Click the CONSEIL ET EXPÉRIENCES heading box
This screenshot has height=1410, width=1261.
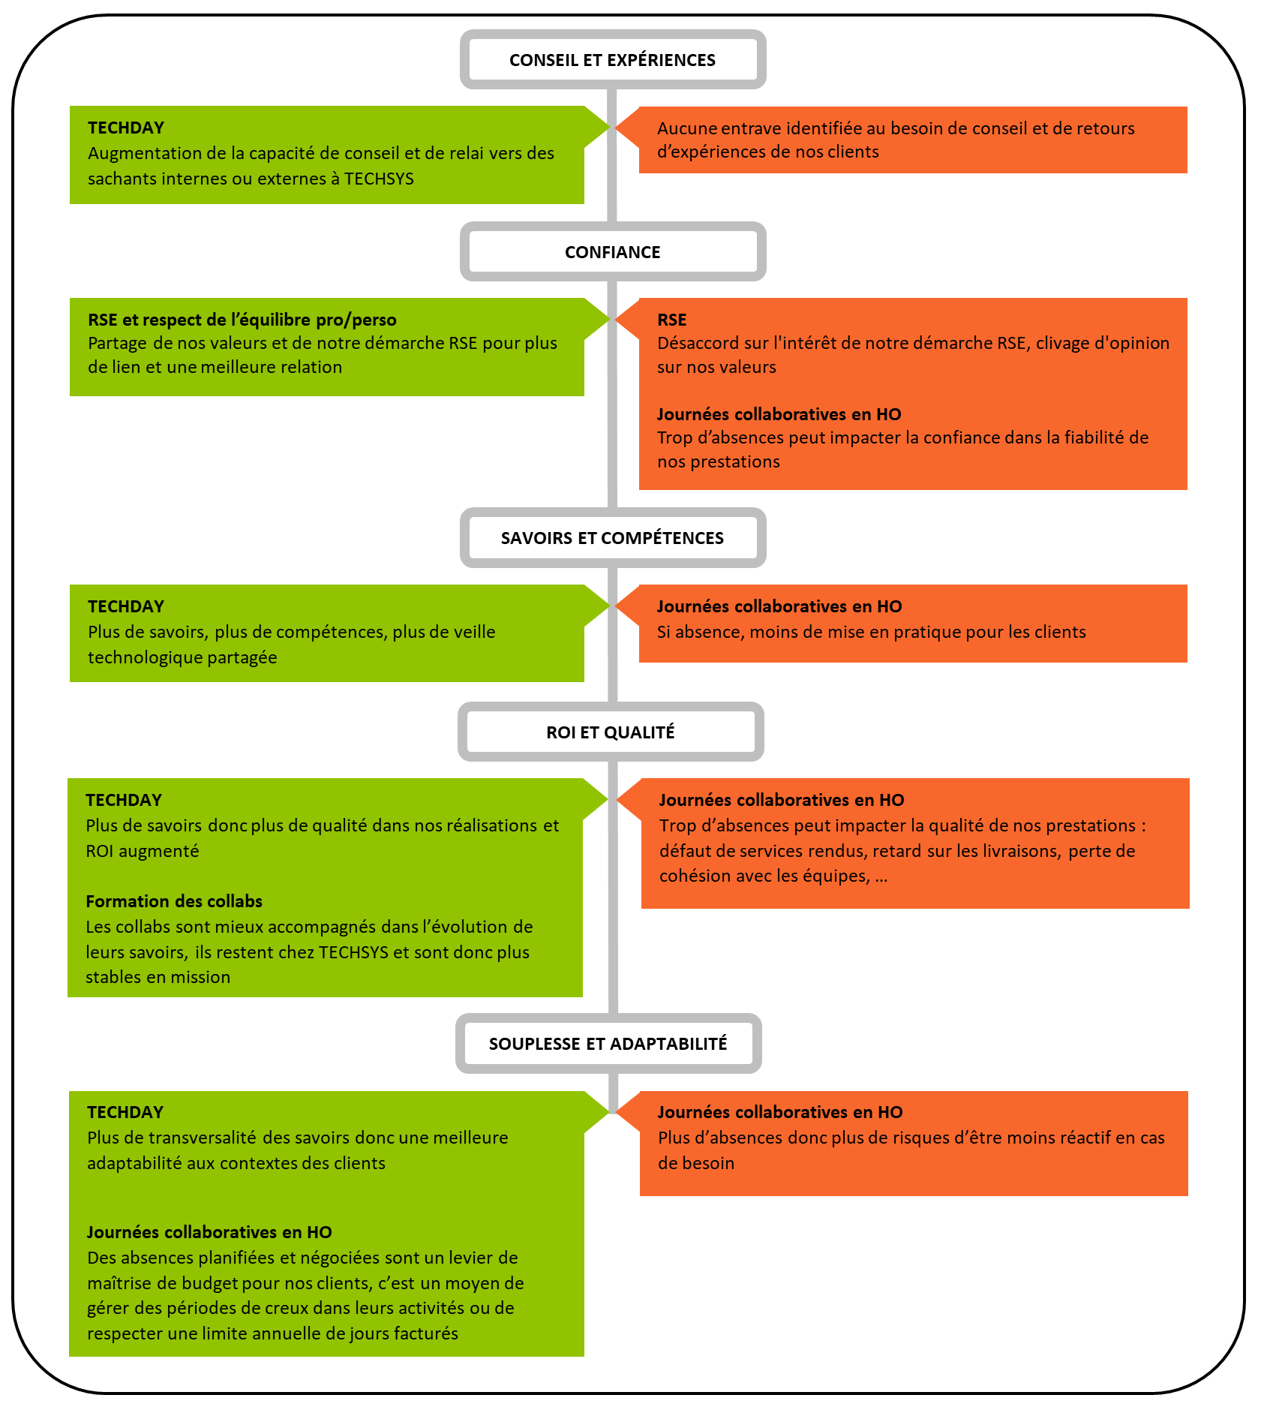[612, 60]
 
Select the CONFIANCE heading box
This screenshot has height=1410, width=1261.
[612, 252]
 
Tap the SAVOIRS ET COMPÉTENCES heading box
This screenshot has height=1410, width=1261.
[612, 538]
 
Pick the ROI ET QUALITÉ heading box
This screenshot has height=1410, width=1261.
[610, 732]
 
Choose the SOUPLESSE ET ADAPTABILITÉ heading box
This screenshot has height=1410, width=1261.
[608, 1044]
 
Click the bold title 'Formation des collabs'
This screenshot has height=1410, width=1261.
[174, 901]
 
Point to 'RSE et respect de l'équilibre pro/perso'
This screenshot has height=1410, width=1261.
[242, 320]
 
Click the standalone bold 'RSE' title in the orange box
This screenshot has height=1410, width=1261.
[671, 320]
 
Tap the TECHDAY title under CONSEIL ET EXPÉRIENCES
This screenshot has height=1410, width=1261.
[125, 128]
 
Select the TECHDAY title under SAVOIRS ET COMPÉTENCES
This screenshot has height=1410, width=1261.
[125, 606]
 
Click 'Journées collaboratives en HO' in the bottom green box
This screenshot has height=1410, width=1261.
[209, 1232]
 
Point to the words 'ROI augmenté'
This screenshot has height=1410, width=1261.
[142, 851]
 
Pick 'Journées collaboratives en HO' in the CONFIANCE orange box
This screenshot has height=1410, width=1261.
[779, 414]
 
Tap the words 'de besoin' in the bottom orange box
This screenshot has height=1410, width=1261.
[696, 1163]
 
